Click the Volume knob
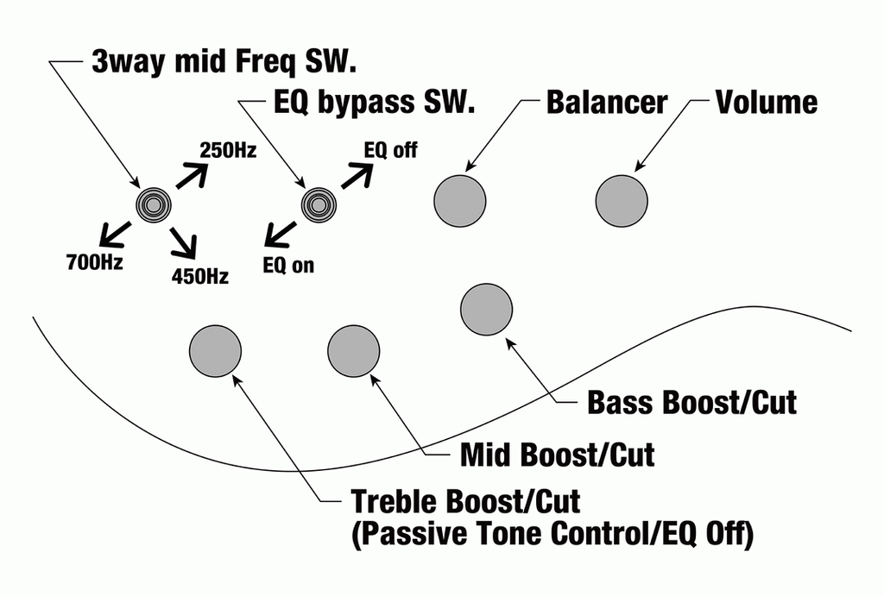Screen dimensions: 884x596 622,201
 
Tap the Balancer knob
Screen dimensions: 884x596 459,201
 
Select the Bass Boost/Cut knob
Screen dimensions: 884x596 487,310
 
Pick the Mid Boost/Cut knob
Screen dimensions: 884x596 353,351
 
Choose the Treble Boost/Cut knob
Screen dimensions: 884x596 215,351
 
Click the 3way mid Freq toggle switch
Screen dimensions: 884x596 154,205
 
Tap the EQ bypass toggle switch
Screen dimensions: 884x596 319,205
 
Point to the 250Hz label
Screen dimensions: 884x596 228,150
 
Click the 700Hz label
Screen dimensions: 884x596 95,262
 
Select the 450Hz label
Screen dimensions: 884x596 200,277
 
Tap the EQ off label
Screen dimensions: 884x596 391,150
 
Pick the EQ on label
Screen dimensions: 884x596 288,266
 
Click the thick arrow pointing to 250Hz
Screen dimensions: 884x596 193,174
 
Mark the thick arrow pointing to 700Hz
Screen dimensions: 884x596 115,235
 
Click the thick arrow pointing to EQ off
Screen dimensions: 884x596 357,175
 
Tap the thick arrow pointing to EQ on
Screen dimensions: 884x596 281,235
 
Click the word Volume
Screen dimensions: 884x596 767,102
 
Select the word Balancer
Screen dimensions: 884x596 607,102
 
